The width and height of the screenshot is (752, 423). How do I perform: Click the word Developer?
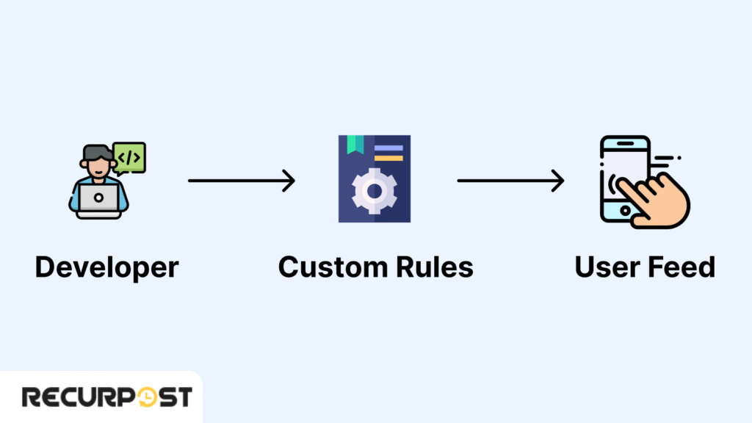(106, 267)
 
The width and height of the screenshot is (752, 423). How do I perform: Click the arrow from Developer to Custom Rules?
(241, 180)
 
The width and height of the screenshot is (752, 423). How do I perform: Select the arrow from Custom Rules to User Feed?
(510, 180)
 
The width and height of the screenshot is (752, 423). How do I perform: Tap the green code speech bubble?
(129, 157)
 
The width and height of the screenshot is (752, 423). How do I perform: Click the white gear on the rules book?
(375, 190)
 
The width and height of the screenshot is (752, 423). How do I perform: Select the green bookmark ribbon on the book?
(356, 145)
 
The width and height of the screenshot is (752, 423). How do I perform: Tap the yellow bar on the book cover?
(388, 158)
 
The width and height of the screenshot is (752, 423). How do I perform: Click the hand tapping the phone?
(657, 198)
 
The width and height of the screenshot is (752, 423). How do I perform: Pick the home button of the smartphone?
(624, 211)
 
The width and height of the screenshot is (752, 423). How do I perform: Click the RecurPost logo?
(106, 397)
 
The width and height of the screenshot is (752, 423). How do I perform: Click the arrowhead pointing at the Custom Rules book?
(290, 180)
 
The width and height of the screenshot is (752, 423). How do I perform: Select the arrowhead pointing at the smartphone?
(559, 180)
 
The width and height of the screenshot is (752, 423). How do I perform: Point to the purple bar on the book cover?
(388, 148)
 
